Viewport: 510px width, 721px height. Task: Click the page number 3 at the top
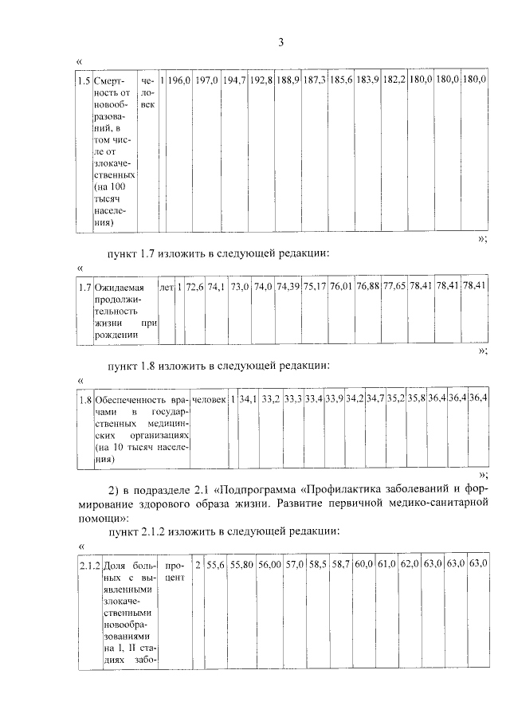point(280,42)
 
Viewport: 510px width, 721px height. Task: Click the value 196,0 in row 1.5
point(179,81)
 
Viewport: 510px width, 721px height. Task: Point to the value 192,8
point(261,81)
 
